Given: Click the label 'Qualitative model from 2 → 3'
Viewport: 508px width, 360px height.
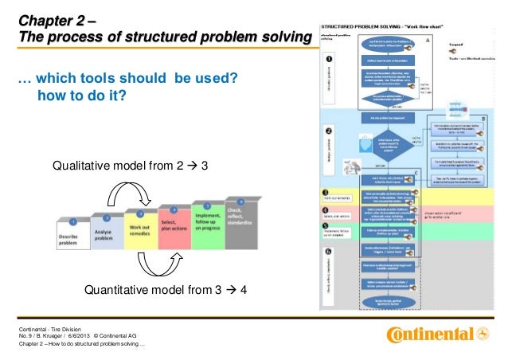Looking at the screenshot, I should [130, 166].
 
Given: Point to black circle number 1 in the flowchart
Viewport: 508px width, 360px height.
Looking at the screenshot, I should [330, 58].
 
